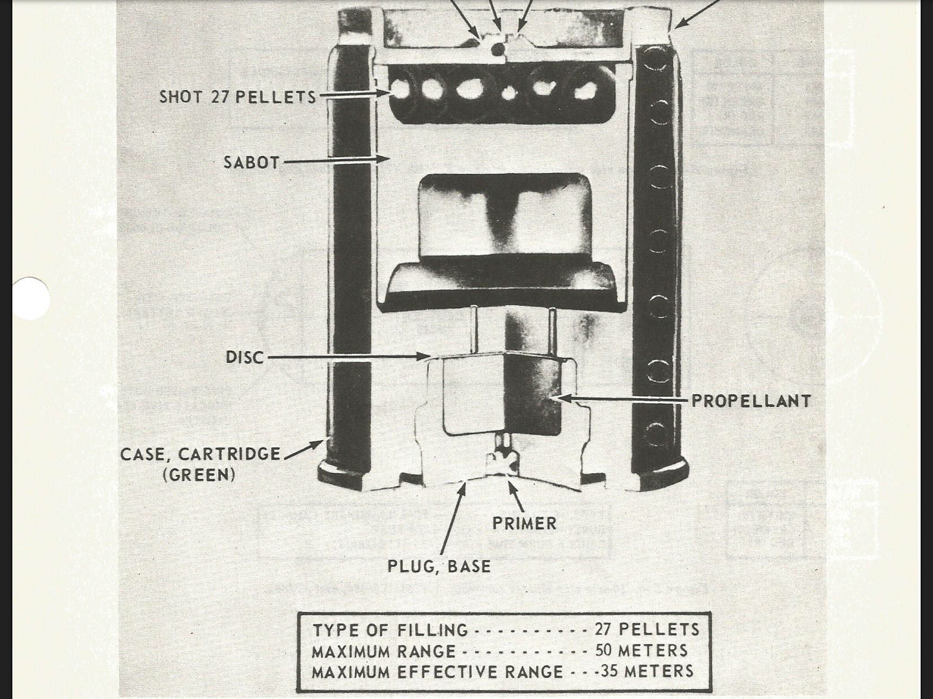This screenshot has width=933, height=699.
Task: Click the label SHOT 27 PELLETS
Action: (238, 96)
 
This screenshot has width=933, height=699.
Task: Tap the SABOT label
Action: (251, 162)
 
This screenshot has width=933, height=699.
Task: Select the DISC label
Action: (245, 357)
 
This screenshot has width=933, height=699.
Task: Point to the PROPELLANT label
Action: (751, 401)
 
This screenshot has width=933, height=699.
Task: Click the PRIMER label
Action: (524, 523)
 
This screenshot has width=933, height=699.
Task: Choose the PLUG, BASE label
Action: (439, 566)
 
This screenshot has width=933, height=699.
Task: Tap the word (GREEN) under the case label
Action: (199, 474)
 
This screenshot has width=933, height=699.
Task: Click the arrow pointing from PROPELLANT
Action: (622, 399)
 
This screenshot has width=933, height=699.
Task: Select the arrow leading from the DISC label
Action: (350, 357)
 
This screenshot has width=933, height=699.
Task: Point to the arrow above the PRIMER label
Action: (516, 496)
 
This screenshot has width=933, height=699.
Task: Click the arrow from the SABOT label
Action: (337, 160)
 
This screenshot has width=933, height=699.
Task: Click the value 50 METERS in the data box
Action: (641, 650)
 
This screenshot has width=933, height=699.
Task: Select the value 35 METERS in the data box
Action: (647, 671)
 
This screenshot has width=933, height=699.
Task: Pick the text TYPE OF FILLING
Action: (390, 630)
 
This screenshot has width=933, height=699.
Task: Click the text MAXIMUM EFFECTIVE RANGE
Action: (437, 672)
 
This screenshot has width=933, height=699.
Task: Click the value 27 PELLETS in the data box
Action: (647, 629)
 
